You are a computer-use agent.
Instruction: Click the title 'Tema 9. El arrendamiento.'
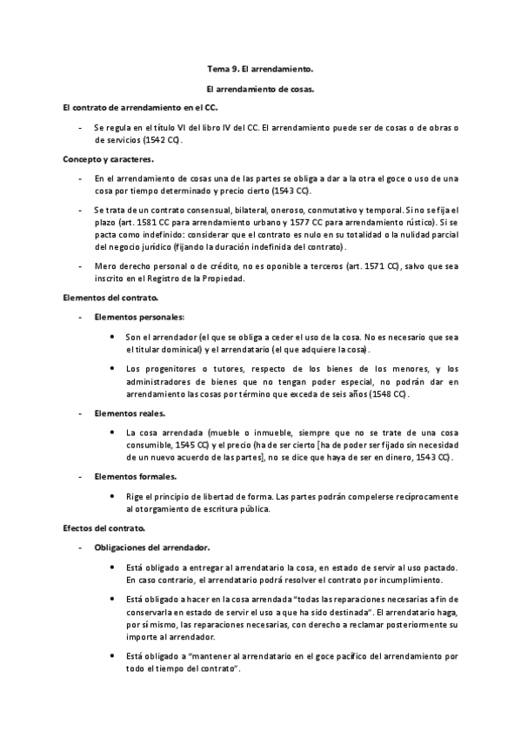[x=260, y=67]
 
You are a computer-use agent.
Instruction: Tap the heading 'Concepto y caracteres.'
[x=109, y=159]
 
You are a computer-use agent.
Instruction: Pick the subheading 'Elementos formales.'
[x=135, y=476]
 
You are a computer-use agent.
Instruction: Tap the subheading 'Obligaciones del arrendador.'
[x=151, y=547]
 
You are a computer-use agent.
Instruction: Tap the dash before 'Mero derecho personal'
[x=80, y=265]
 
